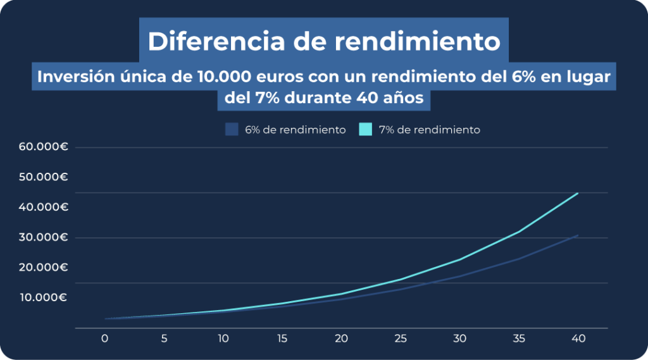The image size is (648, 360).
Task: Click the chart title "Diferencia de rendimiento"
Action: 324,41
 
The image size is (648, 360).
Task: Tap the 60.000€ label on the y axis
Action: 44,147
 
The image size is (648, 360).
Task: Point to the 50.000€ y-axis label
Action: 44,177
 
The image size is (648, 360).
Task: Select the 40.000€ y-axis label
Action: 44,207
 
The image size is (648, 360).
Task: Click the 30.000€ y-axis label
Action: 44,237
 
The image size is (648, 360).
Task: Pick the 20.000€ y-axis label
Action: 44,267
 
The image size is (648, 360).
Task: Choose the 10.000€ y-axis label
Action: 44,297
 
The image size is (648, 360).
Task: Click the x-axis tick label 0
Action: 105,338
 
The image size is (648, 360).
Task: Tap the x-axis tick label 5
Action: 164,338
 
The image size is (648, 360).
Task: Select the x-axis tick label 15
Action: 282,338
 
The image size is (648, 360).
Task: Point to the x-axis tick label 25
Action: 401,338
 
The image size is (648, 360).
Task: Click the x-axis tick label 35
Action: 519,338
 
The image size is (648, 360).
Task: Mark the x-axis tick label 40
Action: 578,338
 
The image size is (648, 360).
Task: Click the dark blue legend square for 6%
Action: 232,129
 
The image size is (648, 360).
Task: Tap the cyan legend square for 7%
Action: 365,129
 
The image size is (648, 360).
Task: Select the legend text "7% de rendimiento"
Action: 429,130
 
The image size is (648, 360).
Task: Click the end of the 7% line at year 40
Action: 578,193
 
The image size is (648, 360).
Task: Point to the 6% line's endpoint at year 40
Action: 578,235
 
